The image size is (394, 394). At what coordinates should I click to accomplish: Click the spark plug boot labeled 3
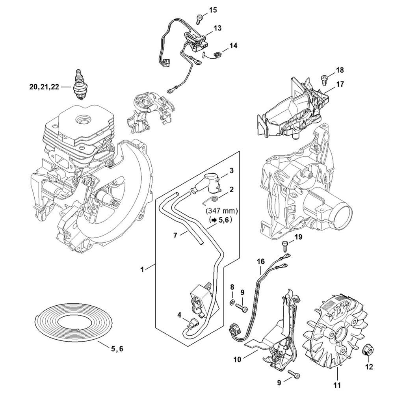pyautogui.click(x=210, y=184)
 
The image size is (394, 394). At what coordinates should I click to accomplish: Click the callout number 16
pyautogui.click(x=260, y=260)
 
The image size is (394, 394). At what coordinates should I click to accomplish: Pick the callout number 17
pyautogui.click(x=340, y=84)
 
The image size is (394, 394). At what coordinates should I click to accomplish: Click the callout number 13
pyautogui.click(x=217, y=28)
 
